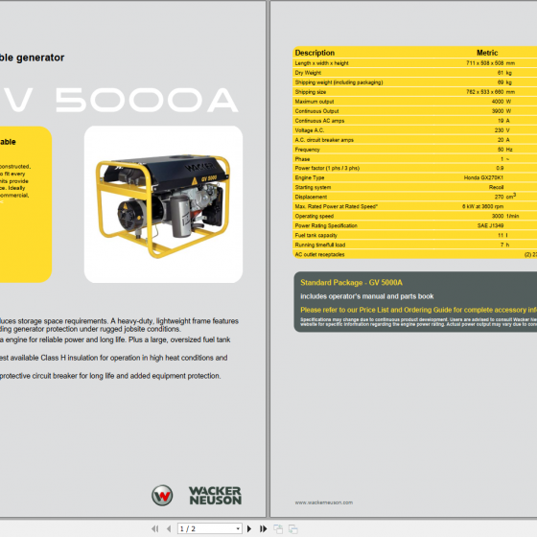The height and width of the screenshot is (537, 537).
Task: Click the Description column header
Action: coord(315,53)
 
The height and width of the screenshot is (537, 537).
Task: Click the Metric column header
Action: coord(487,53)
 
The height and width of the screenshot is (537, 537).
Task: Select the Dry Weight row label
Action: coord(309,73)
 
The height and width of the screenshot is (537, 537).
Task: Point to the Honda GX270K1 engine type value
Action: coord(483,177)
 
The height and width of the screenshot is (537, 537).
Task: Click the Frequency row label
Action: coord(308,149)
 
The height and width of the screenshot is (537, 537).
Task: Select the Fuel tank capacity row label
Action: coord(316,235)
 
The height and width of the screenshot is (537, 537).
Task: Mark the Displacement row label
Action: coord(312,197)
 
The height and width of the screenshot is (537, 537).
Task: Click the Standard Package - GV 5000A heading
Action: coord(351,283)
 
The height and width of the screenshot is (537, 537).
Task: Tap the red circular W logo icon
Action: coord(163,496)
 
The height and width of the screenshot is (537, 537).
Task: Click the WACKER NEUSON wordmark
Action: coord(215,496)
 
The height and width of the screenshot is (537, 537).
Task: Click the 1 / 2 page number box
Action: coord(208,528)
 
